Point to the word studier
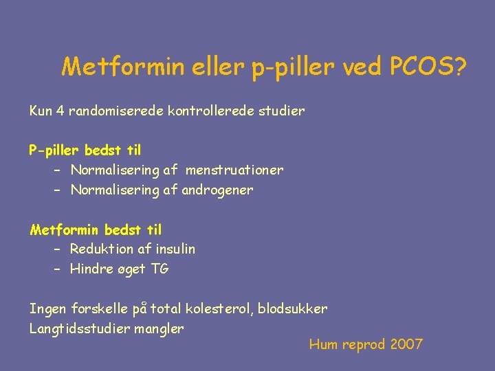pos(279,111)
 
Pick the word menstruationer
pos(234,170)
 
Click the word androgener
pos(217,190)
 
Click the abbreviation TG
pos(159,269)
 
